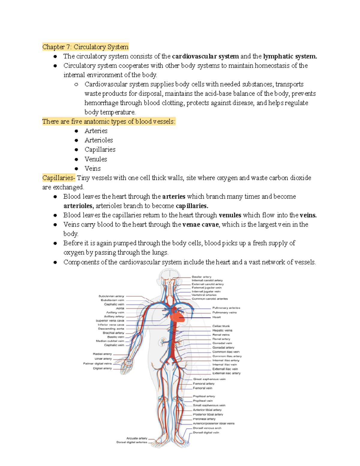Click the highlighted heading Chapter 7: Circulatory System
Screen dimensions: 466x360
[85, 47]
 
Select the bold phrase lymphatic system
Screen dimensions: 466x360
[290, 56]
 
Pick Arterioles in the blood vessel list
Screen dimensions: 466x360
[99, 140]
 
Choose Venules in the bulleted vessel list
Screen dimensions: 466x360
[96, 159]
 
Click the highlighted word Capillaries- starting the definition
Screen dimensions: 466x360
[59, 178]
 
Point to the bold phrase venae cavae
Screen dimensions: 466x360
[201, 224]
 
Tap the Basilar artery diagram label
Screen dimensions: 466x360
[202, 277]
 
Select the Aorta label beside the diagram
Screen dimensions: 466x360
[120, 308]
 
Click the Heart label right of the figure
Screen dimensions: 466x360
[217, 317]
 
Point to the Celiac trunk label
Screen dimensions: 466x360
[221, 326]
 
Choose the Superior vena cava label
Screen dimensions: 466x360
[110, 320]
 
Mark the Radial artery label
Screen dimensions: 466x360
[102, 354]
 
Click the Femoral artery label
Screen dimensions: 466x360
[204, 383]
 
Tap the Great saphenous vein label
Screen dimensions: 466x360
[209, 379]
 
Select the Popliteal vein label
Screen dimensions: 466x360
[203, 401]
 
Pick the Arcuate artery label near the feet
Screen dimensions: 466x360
[137, 438]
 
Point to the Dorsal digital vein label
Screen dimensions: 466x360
[206, 432]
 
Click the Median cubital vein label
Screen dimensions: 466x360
[110, 341]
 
